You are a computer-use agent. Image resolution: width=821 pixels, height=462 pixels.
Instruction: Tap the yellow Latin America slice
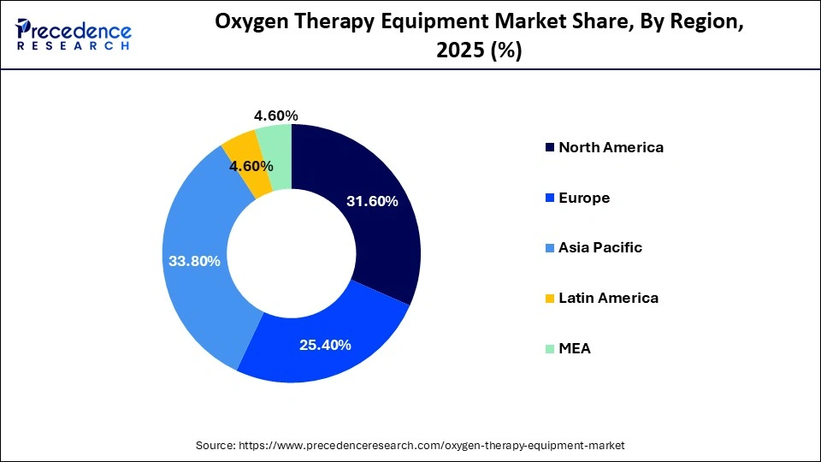coord(245,149)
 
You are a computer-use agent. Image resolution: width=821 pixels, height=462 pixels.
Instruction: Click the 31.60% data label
coord(372,201)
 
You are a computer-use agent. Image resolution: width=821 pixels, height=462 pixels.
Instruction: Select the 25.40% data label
coord(324,345)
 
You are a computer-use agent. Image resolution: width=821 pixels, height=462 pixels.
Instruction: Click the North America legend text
coord(611,147)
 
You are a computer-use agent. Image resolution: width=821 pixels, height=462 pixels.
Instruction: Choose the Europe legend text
coord(584,198)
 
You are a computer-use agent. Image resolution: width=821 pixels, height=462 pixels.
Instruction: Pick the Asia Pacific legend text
coord(600,248)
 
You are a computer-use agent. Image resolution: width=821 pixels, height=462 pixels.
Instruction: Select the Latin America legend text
coord(608,298)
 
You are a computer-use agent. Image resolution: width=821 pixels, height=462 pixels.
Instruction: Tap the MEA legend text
coord(574,348)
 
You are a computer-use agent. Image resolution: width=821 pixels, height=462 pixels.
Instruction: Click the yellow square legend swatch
coord(548,299)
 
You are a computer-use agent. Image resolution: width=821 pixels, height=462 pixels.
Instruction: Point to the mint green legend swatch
coord(548,349)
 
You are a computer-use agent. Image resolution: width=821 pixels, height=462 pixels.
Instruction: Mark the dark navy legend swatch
coord(548,148)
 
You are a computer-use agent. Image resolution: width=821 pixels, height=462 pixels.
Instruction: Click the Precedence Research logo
coord(74,34)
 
